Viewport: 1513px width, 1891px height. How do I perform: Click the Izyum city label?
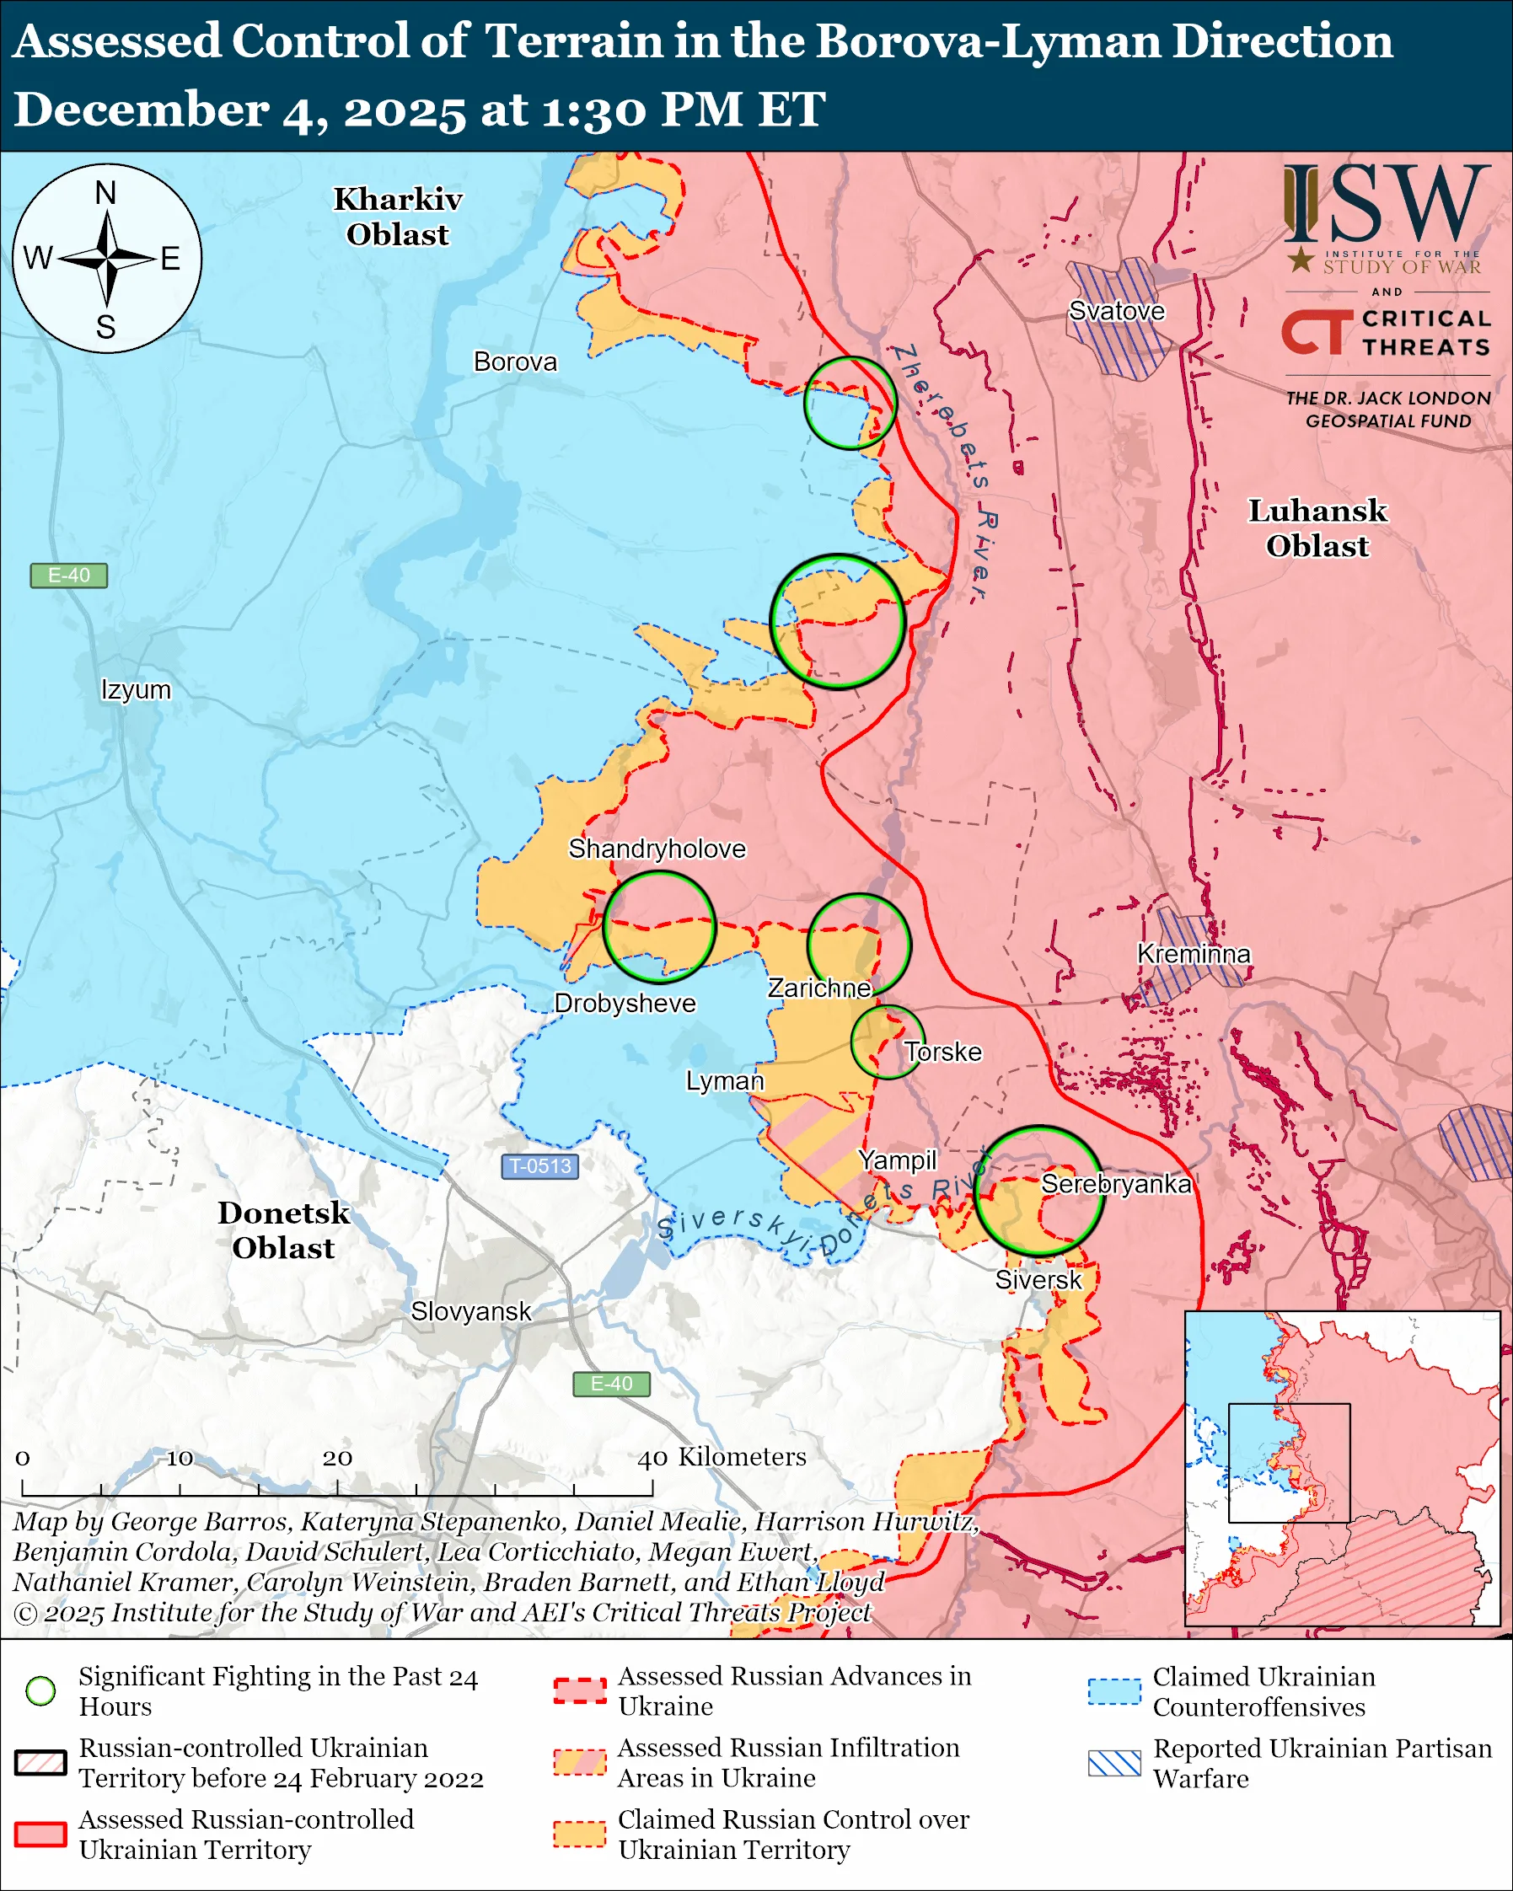(x=136, y=689)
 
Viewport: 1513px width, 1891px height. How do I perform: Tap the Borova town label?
(x=515, y=362)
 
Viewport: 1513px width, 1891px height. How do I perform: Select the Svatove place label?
(x=1117, y=310)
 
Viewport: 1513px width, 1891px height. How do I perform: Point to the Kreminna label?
(x=1193, y=953)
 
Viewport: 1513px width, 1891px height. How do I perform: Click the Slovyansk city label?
(x=471, y=1311)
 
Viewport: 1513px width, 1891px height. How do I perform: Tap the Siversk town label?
(x=1038, y=1280)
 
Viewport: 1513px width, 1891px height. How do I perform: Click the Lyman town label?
(x=725, y=1080)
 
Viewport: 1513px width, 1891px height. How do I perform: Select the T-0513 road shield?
(x=540, y=1165)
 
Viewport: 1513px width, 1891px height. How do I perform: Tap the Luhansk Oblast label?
(x=1317, y=528)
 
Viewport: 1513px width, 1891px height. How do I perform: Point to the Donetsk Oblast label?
(x=283, y=1229)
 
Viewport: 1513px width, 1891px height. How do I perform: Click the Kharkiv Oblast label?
(x=397, y=217)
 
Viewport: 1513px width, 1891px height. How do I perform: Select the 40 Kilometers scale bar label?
(x=721, y=1457)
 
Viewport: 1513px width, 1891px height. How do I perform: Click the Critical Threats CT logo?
(x=1316, y=331)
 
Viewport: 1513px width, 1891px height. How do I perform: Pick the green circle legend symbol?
(x=40, y=1691)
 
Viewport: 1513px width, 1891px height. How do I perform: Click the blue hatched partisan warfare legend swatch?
(x=1114, y=1763)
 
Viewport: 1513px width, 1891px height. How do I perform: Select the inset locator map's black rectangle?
(x=1289, y=1463)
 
